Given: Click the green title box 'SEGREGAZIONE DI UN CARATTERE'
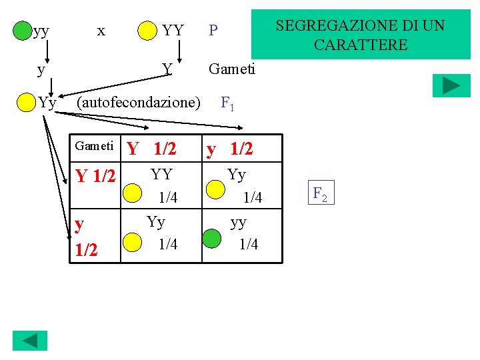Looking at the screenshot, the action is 360,35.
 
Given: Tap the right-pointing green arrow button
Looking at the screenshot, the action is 451,85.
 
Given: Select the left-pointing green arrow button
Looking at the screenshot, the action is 31,340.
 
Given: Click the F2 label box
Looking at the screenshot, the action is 320,194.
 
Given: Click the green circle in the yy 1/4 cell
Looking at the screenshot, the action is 212,237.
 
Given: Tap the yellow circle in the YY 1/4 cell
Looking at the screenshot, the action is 134,191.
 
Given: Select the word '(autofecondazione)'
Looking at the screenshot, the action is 139,103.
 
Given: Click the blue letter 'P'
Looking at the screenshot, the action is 213,31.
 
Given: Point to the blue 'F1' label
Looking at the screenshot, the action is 227,103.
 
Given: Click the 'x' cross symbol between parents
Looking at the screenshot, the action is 101,30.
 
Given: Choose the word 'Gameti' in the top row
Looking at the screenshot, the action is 232,68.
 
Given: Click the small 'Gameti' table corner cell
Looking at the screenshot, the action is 94,146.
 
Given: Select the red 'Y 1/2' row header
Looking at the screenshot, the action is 95,177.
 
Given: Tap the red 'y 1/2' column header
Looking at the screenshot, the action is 229,149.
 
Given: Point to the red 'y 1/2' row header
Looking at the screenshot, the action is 86,237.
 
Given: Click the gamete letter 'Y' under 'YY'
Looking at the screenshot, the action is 168,68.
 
